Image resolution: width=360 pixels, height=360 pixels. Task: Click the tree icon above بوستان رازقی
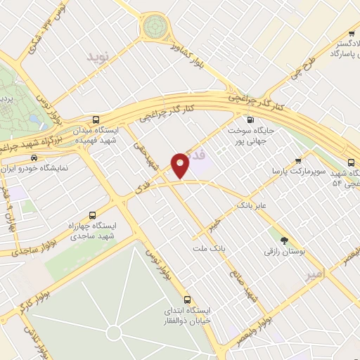coord(284,239)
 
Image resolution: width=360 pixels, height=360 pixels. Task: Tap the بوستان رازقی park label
coord(283,251)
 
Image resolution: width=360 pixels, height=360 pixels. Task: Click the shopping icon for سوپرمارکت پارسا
coord(298,160)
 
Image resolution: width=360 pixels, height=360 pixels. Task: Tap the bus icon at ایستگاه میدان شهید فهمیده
coord(96,120)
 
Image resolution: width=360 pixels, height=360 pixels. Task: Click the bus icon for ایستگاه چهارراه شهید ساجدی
coord(92,216)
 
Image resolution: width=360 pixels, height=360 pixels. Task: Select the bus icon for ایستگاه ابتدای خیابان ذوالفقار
coord(187,299)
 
